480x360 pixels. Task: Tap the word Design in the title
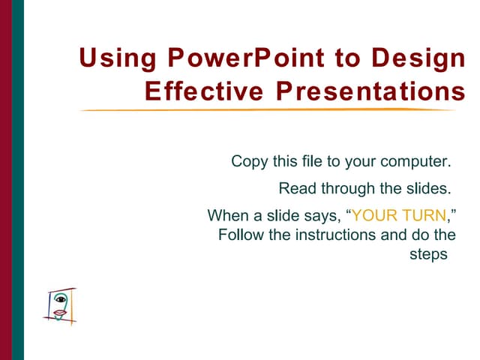tap(415, 58)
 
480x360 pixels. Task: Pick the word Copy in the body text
tap(247, 161)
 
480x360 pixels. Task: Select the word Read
tap(295, 188)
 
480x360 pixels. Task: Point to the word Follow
tap(238, 235)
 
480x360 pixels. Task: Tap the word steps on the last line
tap(427, 254)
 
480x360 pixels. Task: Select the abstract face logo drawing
tap(61, 304)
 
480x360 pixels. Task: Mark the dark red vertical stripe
tap(6, 180)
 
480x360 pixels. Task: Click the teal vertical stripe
tap(18, 180)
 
